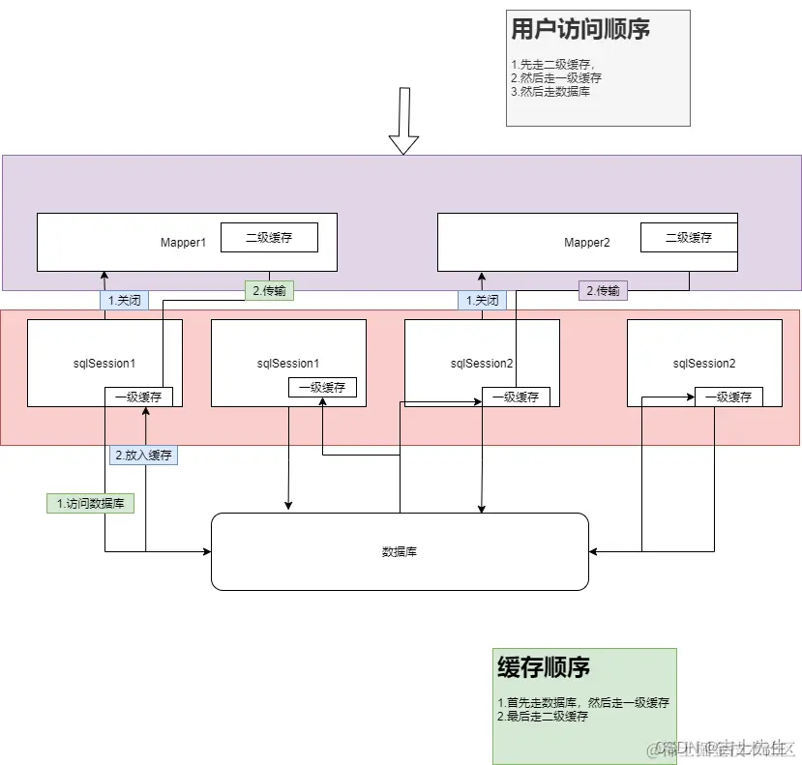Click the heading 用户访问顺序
coord(580,29)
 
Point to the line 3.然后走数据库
coord(550,92)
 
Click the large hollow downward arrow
coord(403,121)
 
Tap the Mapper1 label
coord(184,243)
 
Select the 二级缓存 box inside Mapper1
coord(269,237)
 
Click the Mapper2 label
coord(587,243)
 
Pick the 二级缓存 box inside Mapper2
coord(689,237)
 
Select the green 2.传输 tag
coord(269,290)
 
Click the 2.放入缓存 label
coord(144,455)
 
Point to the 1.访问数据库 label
coord(89,503)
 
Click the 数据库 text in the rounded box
coord(400,551)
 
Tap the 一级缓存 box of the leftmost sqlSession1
coord(139,397)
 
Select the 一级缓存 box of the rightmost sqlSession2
coord(728,397)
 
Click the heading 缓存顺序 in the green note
coord(544,667)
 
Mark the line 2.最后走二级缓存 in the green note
coord(543,717)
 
